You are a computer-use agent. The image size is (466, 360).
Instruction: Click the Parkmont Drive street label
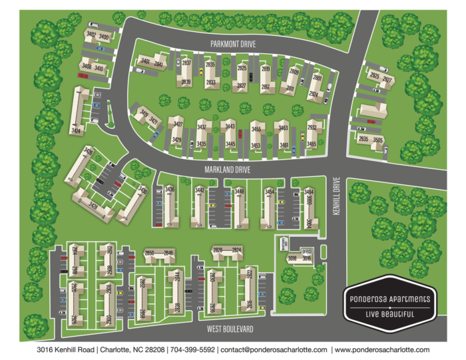coord(233,43)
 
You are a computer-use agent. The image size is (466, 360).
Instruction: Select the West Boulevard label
coord(229,329)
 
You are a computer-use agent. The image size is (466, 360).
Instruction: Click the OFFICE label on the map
coord(306,251)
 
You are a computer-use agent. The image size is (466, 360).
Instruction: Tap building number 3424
coord(77,131)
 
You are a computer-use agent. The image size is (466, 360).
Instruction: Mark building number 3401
coord(144,61)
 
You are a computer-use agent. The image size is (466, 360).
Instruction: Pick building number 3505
coord(378,140)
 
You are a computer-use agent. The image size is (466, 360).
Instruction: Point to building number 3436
coord(170,190)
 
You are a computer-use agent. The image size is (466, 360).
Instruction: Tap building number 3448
coord(239,192)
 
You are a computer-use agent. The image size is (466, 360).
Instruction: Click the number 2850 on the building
coord(150,253)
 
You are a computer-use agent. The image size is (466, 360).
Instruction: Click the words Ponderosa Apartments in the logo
coord(390,299)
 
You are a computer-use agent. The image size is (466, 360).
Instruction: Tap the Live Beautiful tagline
coord(390,313)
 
